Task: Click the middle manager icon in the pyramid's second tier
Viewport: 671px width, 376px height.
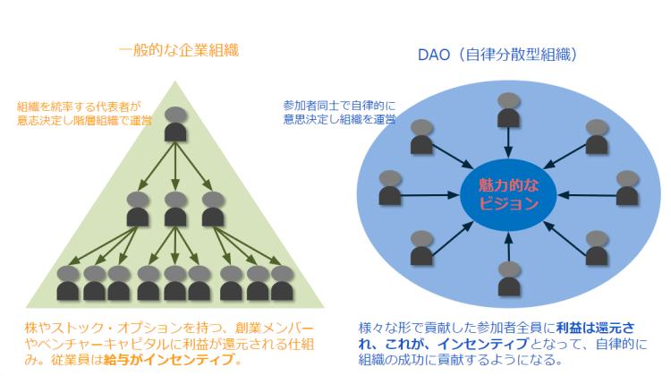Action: [x=176, y=208]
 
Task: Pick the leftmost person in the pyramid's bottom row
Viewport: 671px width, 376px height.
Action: [x=68, y=283]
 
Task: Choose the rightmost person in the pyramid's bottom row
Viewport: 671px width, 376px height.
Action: [x=283, y=283]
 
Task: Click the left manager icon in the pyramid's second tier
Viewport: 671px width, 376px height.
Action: [x=138, y=208]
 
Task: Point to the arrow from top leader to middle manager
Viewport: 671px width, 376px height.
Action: [x=176, y=166]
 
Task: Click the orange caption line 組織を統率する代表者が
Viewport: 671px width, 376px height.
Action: [x=79, y=106]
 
